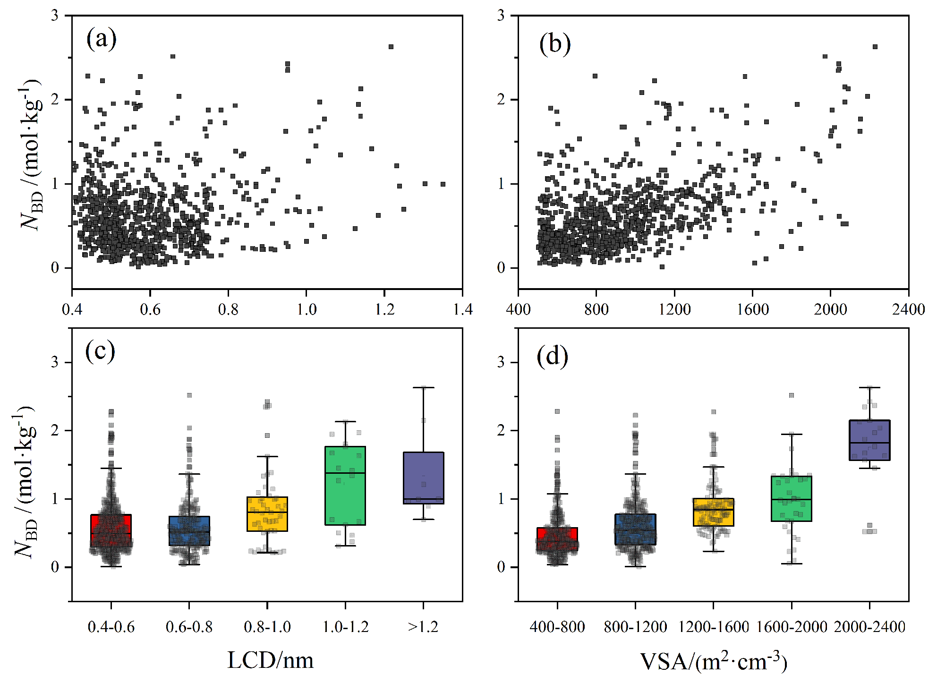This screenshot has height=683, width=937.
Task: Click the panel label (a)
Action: [101, 39]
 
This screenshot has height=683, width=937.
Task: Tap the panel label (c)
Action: [100, 351]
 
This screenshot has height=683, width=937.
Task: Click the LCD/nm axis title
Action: [270, 660]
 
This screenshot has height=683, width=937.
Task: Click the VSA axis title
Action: [713, 661]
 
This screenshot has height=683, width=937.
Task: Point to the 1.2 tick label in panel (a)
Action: [384, 309]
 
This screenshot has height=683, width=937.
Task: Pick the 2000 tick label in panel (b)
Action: [830, 309]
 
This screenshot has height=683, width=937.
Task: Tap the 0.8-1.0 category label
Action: [267, 627]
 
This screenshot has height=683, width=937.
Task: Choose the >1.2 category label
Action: [423, 627]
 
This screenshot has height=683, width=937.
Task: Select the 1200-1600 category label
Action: [714, 627]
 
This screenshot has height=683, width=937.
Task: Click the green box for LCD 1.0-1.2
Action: [345, 486]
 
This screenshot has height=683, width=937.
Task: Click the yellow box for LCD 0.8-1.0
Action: [267, 514]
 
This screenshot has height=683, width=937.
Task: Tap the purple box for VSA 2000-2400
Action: [869, 440]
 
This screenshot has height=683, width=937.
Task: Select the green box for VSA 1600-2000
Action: [792, 498]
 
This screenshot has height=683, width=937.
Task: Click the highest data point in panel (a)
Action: [391, 47]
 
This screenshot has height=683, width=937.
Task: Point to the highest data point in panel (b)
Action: [875, 47]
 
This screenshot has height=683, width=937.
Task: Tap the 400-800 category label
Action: [557, 627]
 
